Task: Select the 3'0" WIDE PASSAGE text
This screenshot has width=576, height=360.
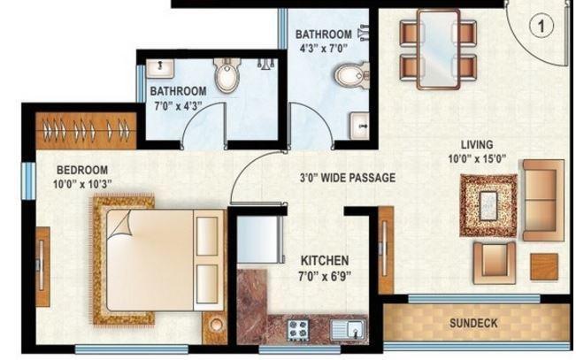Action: point(348,177)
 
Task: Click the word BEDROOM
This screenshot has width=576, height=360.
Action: point(82,170)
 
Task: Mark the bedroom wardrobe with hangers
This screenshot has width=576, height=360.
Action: point(85,131)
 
